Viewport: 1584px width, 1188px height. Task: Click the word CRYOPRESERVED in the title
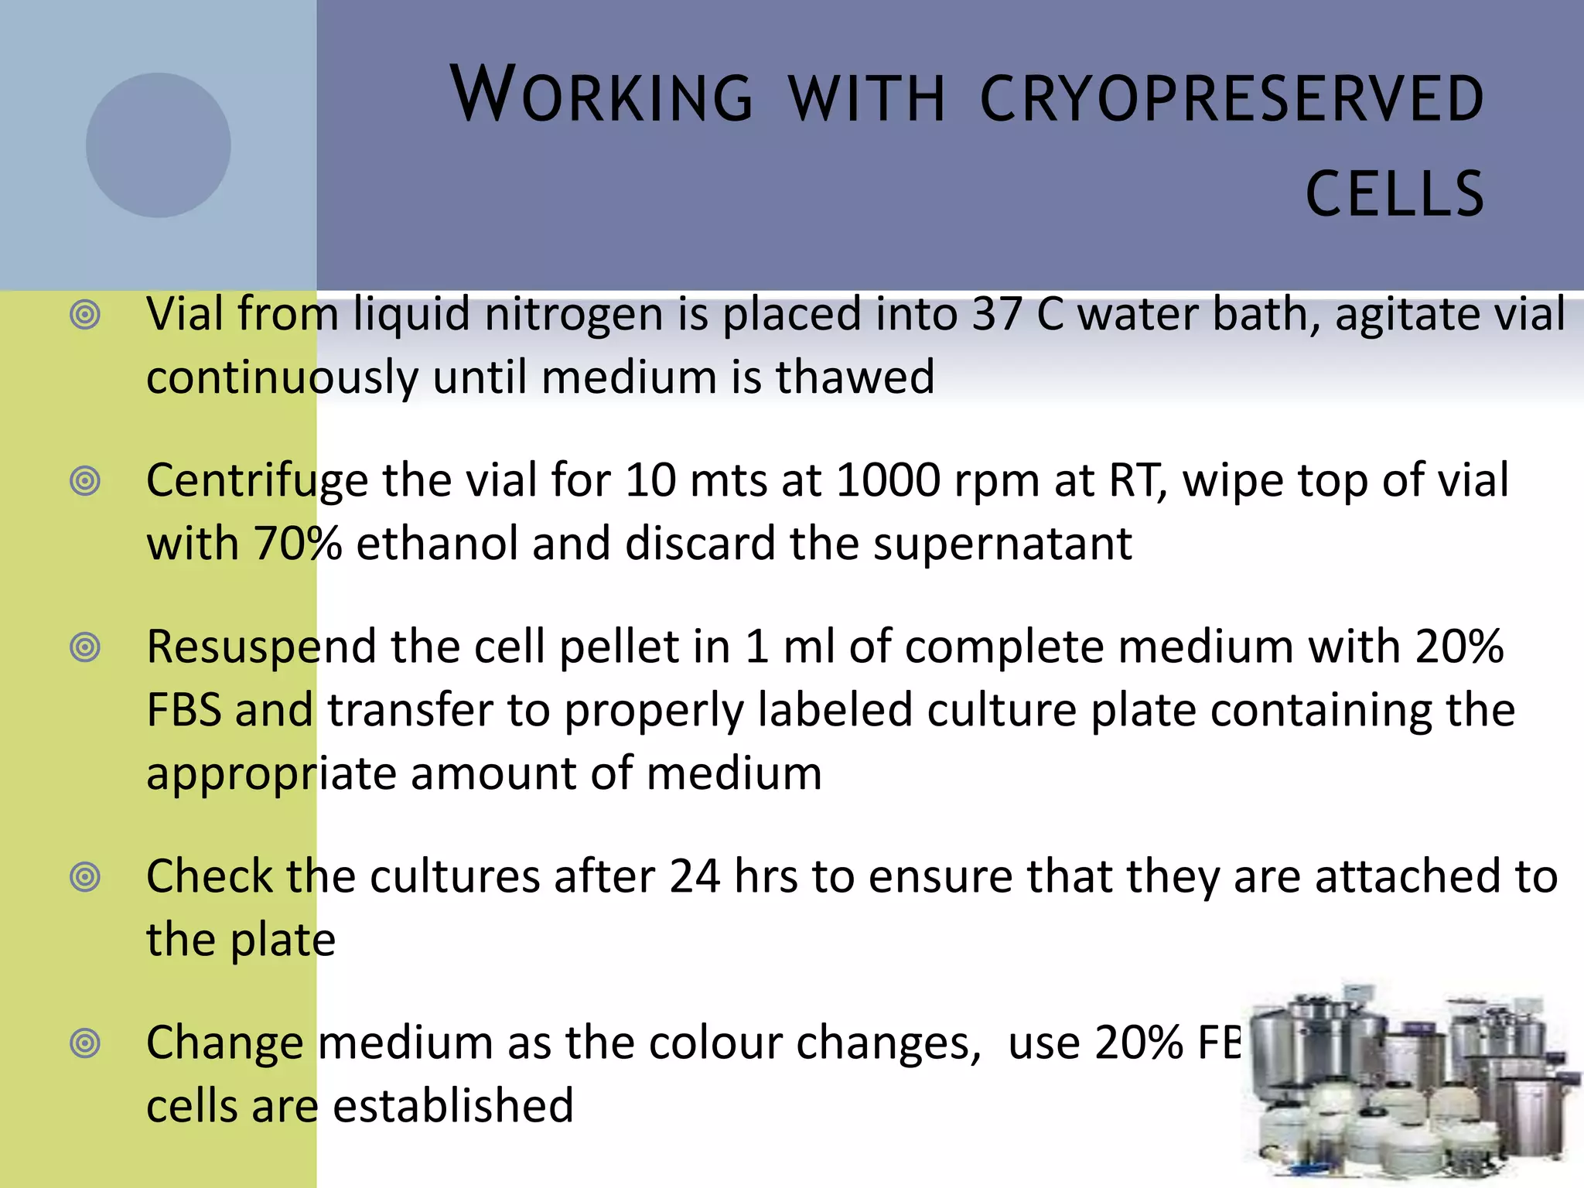click(x=1231, y=98)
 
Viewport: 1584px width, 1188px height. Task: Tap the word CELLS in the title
click(x=1395, y=193)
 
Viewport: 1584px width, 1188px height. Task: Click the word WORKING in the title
click(x=601, y=95)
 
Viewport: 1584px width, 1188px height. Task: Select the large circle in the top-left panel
click(x=158, y=145)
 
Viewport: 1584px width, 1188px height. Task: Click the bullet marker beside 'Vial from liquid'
click(x=85, y=316)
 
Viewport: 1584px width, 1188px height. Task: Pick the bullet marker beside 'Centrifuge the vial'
click(x=85, y=482)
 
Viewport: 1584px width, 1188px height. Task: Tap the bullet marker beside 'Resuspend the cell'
click(x=85, y=647)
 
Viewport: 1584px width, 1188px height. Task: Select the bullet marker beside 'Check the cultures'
click(x=85, y=877)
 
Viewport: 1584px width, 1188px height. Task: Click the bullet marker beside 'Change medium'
click(x=85, y=1043)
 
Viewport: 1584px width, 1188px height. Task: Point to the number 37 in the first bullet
click(x=997, y=314)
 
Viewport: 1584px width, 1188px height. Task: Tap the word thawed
click(x=855, y=377)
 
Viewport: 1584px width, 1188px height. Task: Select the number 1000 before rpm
click(x=888, y=480)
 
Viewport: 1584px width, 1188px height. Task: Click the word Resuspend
click(x=261, y=647)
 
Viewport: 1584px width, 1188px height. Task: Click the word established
click(x=453, y=1104)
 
